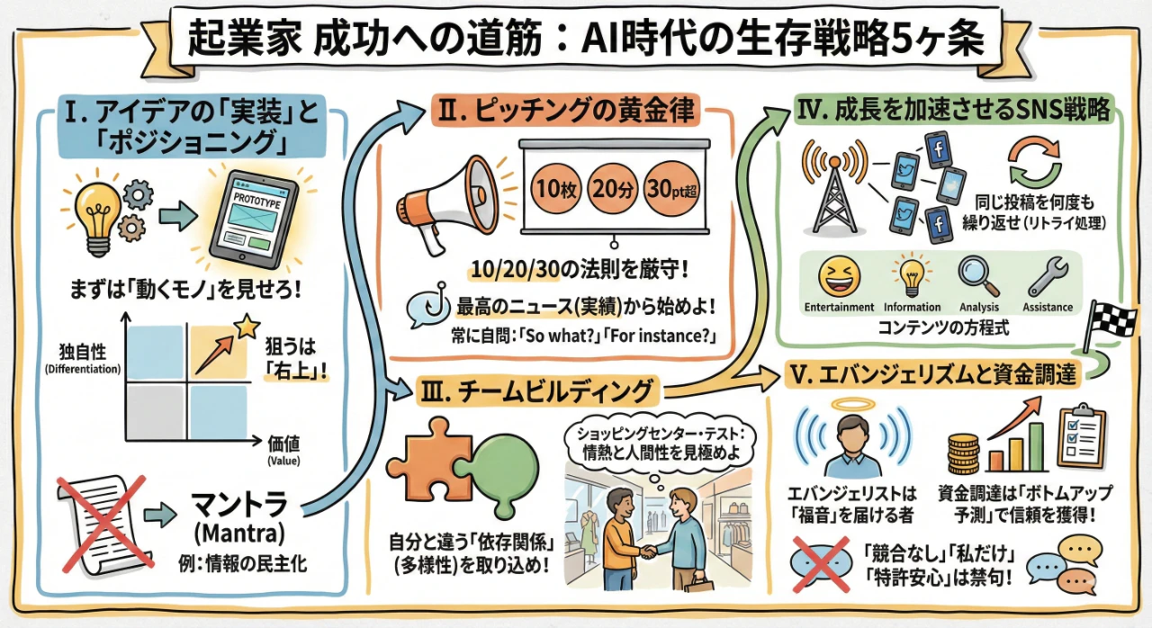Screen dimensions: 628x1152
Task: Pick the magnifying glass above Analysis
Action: pos(977,274)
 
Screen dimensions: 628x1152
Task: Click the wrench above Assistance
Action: pos(1048,275)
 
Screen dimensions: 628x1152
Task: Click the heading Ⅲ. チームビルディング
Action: pos(536,391)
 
